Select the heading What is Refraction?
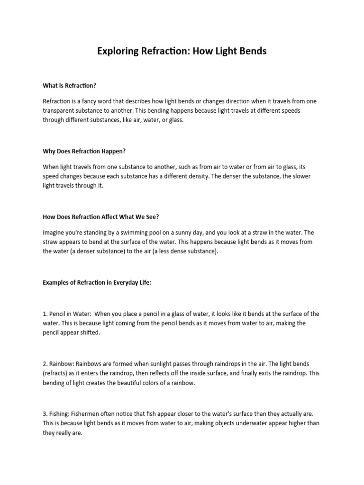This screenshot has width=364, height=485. click(70, 85)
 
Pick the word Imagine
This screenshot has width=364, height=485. click(55, 233)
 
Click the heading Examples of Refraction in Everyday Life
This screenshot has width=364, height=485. click(97, 282)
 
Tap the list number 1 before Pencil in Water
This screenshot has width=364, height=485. click(45, 314)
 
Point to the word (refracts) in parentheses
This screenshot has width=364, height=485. click(57, 373)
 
